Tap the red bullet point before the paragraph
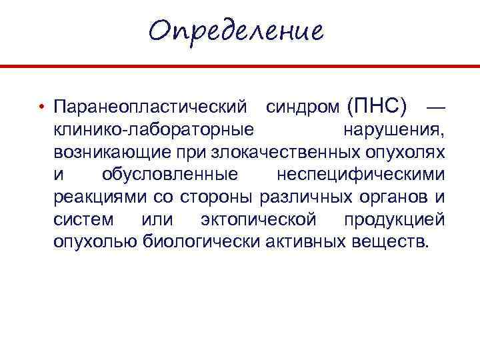(x=41, y=107)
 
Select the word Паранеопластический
(x=153, y=107)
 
